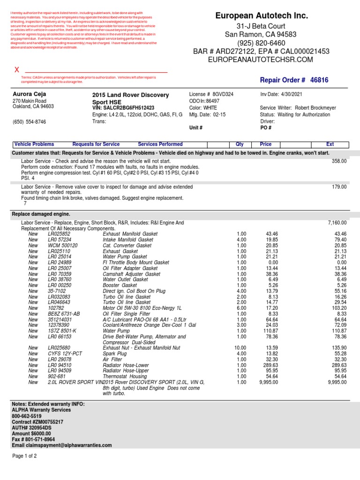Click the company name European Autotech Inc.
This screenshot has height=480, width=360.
tap(262, 16)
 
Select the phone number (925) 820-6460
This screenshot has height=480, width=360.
tap(262, 43)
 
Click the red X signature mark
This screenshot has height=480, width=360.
tap(17, 69)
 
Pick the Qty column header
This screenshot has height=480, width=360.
tap(239, 144)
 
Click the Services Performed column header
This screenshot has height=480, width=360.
tap(160, 144)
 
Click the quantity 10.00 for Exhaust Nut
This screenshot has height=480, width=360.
tap(240, 348)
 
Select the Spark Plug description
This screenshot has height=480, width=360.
tap(115, 353)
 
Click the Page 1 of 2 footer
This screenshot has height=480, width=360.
tap(24, 456)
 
